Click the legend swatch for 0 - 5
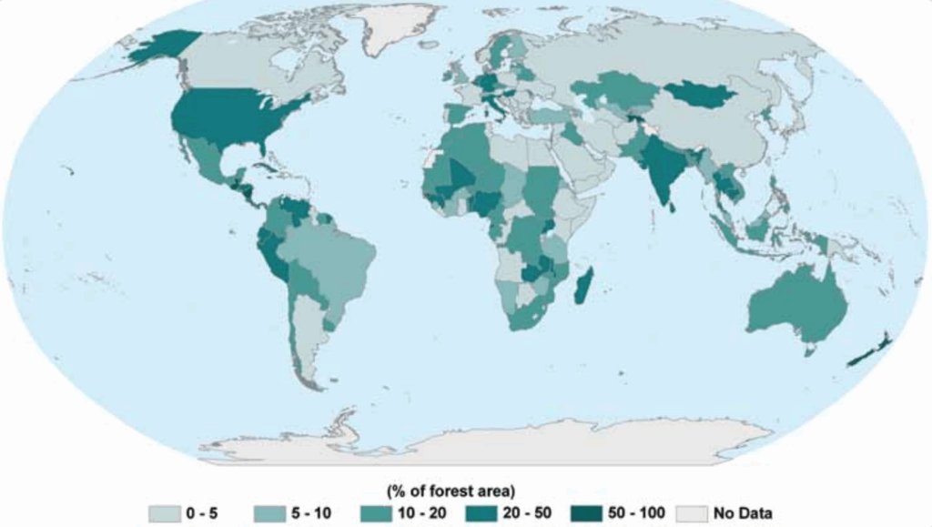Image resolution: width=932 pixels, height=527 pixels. (x=165, y=514)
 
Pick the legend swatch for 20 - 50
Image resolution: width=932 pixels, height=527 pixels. (x=485, y=514)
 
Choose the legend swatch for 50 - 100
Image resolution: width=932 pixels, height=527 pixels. (x=590, y=514)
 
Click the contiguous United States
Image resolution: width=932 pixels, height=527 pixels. (x=228, y=118)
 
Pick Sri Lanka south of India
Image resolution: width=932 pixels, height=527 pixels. (x=673, y=207)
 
